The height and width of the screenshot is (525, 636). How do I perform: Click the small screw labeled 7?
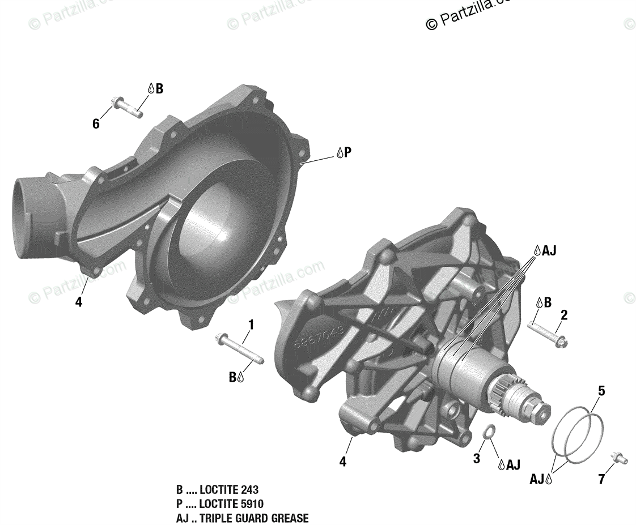pyautogui.click(x=619, y=458)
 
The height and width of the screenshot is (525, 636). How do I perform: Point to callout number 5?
pyautogui.click(x=601, y=391)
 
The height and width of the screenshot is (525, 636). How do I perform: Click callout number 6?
pyautogui.click(x=96, y=123)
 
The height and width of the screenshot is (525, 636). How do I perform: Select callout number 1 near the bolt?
pyautogui.click(x=251, y=325)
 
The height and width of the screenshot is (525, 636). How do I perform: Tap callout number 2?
pyautogui.click(x=564, y=315)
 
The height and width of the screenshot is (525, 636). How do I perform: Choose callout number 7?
pyautogui.click(x=601, y=480)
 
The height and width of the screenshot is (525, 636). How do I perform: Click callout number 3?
pyautogui.click(x=476, y=458)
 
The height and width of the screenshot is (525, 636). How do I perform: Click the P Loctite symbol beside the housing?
pyautogui.click(x=344, y=152)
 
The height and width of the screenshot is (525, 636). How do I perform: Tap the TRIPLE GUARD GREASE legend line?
pyautogui.click(x=242, y=518)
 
